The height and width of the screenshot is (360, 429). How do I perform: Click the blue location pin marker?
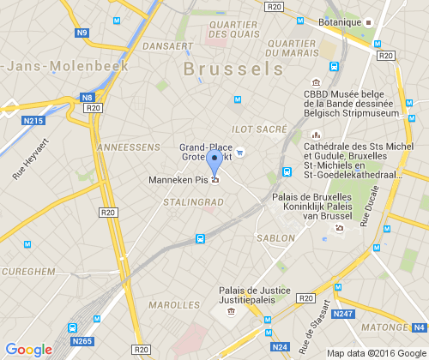click(x=215, y=162)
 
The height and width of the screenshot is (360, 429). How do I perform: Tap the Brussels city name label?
click(x=233, y=69)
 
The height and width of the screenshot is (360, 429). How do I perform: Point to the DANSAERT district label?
click(x=167, y=45)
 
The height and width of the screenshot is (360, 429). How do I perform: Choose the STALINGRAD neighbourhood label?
click(x=192, y=202)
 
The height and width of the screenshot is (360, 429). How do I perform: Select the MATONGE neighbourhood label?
click(x=384, y=327)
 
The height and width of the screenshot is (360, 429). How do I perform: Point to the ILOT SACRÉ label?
click(x=259, y=129)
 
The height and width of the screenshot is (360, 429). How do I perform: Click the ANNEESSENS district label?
click(x=130, y=147)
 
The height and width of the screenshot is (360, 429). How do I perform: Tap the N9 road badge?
click(x=82, y=33)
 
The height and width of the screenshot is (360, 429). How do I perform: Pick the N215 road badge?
click(x=33, y=121)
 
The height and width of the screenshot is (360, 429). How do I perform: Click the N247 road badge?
click(x=342, y=314)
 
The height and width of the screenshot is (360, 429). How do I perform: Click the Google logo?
click(x=27, y=349)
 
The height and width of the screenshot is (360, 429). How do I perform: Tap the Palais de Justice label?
click(x=253, y=295)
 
